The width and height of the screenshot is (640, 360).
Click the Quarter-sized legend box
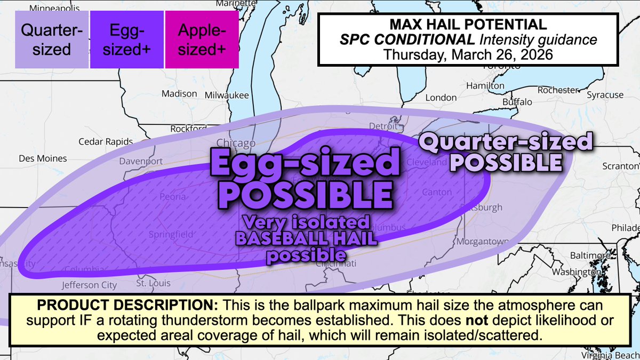click(52, 41)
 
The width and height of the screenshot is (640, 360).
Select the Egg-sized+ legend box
click(126, 41)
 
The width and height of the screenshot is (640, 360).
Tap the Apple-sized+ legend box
click(202, 41)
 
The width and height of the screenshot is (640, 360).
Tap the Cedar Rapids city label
click(105, 141)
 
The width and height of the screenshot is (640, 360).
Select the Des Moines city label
click(43, 158)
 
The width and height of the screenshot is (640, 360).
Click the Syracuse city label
click(605, 95)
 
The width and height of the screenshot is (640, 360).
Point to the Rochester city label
click(558, 90)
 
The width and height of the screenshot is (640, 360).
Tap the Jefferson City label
click(89, 285)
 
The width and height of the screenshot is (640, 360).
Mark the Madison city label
click(175, 93)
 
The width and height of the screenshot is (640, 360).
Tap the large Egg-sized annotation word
click(305, 164)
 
